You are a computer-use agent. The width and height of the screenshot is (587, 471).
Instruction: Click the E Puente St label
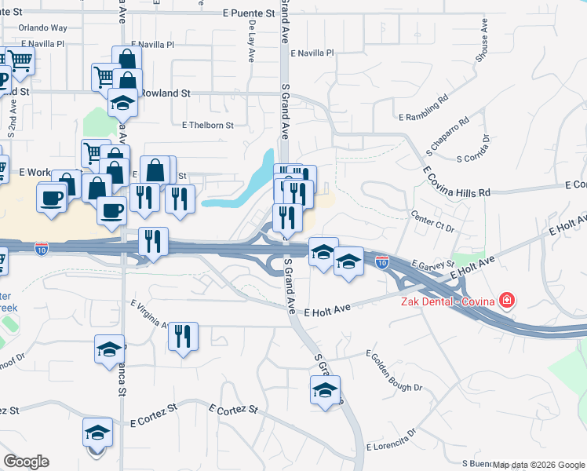(x=247, y=13)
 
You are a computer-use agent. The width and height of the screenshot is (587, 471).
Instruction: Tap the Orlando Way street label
(x=43, y=27)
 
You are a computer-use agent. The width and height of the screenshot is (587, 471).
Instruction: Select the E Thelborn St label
(x=208, y=125)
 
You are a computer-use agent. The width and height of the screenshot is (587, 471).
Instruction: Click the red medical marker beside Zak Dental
(x=507, y=300)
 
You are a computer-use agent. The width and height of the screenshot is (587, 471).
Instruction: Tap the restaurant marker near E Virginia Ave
(x=183, y=337)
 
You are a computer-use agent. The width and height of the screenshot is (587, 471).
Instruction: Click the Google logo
(x=26, y=462)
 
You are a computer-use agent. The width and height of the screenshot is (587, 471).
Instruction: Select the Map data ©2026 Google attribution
(x=538, y=465)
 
